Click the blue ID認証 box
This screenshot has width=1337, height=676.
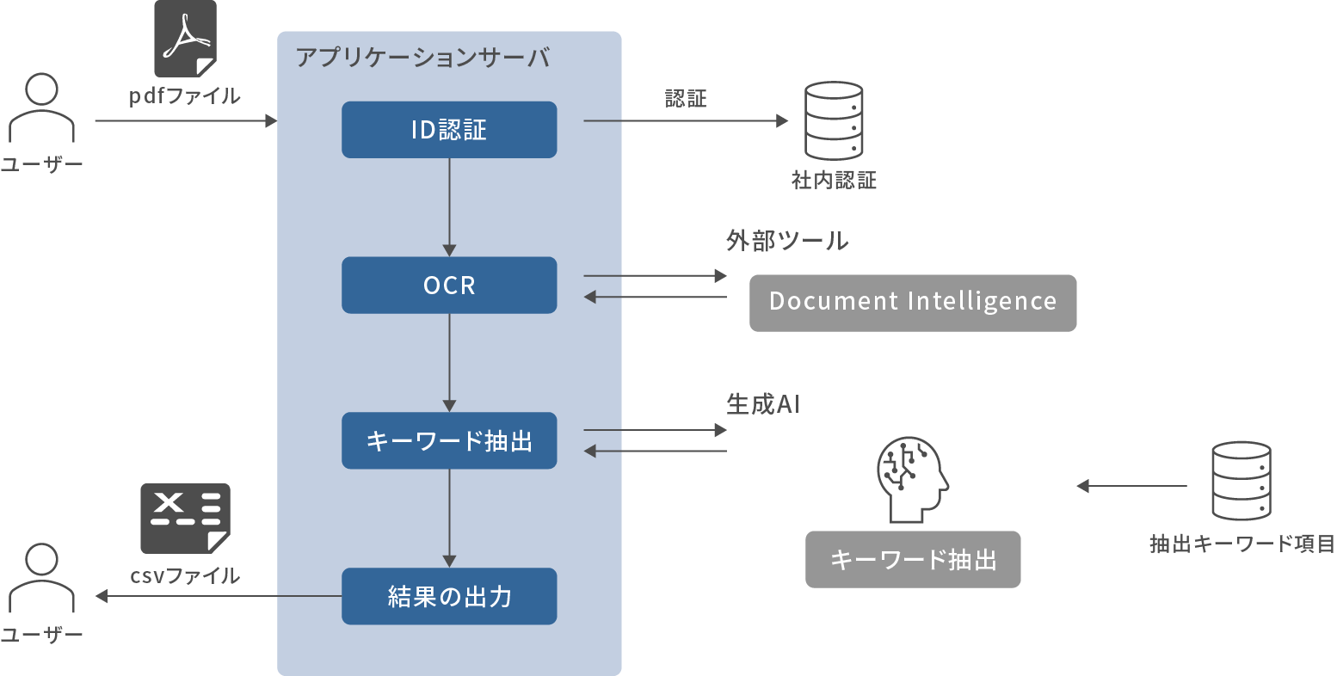(449, 130)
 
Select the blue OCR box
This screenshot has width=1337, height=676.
(449, 285)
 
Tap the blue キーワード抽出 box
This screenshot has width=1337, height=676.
(449, 440)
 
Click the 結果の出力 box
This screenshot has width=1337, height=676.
(449, 596)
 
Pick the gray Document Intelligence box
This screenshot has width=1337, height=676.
(912, 303)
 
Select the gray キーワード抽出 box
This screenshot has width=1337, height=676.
(912, 560)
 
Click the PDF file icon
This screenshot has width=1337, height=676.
(185, 39)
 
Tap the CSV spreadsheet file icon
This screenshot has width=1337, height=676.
(185, 518)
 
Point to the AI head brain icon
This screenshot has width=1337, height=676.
(911, 479)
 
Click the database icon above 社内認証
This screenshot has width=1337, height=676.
(833, 120)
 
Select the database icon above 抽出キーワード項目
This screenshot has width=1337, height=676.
(1241, 481)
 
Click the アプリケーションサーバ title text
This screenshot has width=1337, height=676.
(422, 58)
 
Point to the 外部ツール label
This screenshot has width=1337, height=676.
(786, 241)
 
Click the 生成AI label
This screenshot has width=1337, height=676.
(762, 404)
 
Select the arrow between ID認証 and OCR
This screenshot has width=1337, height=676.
(449, 206)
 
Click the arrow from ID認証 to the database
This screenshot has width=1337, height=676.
(685, 121)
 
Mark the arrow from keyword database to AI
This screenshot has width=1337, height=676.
(1131, 487)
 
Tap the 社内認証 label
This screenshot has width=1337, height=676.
(833, 181)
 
